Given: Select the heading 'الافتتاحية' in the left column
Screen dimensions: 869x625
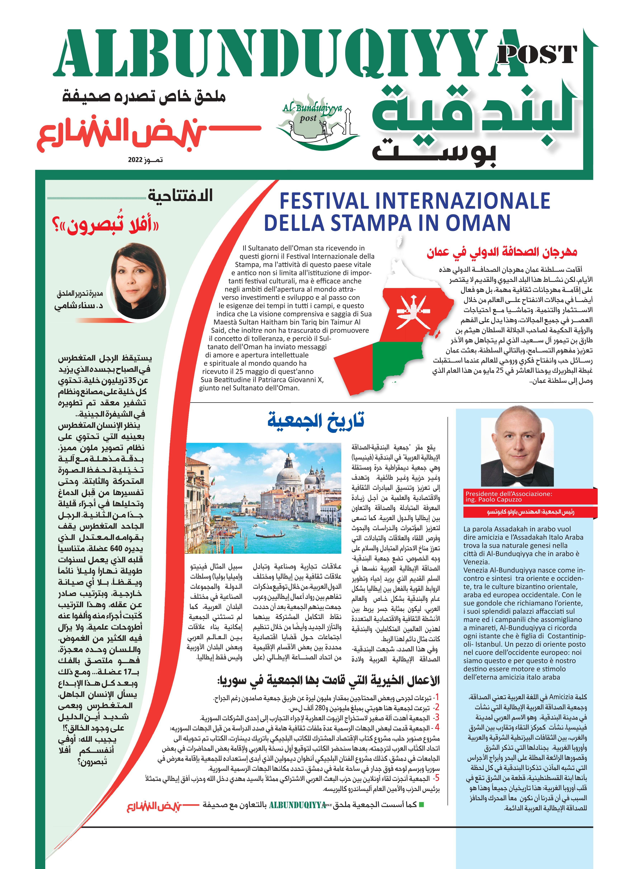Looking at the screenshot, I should tap(180, 195).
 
